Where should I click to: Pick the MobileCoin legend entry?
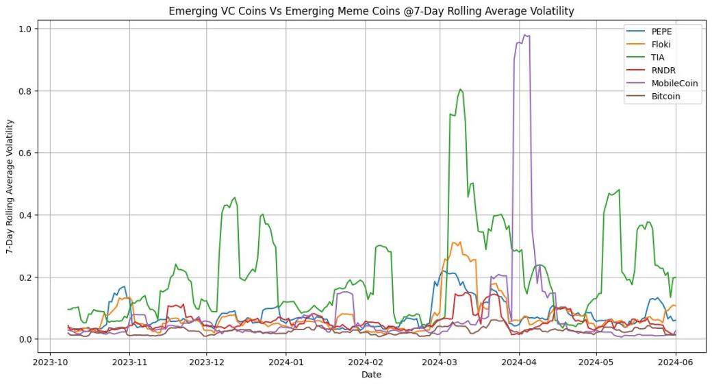675,84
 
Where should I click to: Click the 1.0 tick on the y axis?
25,29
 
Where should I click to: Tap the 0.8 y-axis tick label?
25,91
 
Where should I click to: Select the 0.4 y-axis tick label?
25,215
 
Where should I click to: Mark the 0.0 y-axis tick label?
25,339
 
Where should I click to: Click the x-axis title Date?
372,375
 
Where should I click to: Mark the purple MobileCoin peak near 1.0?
525,35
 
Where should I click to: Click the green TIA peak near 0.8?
461,89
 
